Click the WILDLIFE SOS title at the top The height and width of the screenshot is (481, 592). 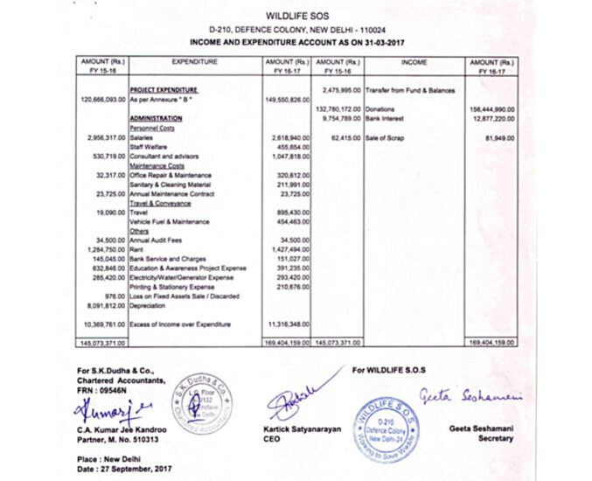296,16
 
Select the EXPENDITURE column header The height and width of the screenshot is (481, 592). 195,62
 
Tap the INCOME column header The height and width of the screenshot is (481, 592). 413,62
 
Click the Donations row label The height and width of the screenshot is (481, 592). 380,108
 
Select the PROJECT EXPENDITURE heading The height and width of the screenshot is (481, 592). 164,90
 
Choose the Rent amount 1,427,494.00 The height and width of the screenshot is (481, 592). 288,249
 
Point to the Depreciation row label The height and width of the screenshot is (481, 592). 149,306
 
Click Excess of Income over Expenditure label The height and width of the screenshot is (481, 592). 180,324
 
